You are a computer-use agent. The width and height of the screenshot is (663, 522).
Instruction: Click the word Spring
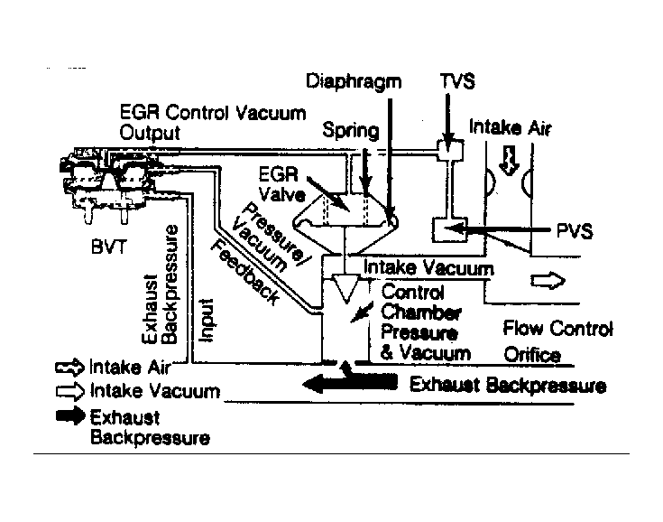tap(351, 131)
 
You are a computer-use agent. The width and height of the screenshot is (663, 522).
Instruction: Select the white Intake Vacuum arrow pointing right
tap(546, 282)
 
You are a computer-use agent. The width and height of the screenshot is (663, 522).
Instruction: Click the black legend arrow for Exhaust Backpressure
tap(69, 416)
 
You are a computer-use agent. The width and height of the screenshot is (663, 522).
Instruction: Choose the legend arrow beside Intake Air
tap(69, 368)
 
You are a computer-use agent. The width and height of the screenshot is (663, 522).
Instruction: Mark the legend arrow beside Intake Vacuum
tap(69, 392)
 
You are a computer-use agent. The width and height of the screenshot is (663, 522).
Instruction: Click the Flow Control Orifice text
tap(557, 341)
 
